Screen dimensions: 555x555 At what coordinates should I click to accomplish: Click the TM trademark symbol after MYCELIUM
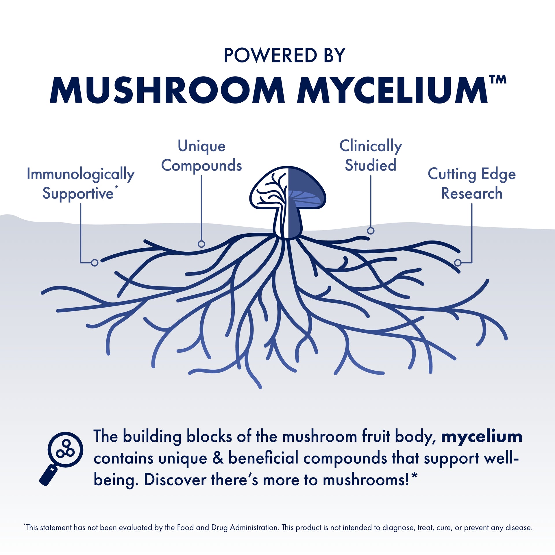(x=497, y=79)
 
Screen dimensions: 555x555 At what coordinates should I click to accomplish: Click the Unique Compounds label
(x=201, y=156)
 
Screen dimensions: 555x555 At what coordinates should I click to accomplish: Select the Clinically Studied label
(x=371, y=156)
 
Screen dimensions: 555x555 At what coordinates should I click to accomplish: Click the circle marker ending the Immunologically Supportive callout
(x=95, y=262)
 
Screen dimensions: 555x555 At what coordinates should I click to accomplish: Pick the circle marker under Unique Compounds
(x=201, y=244)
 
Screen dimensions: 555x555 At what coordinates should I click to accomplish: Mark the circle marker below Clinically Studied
(x=371, y=230)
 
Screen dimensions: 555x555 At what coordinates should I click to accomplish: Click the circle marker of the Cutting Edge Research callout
(x=458, y=262)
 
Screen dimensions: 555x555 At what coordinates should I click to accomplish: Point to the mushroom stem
(x=288, y=223)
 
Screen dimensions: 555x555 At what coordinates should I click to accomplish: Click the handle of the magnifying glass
(x=49, y=475)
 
